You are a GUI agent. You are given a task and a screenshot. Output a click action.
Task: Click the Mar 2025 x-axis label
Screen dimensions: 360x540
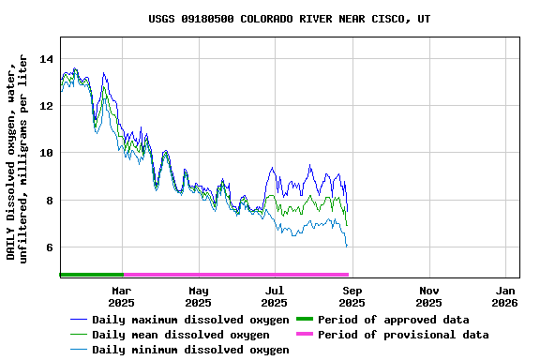click(x=121, y=297)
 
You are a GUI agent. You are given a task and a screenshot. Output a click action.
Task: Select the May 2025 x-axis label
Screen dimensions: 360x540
click(x=198, y=297)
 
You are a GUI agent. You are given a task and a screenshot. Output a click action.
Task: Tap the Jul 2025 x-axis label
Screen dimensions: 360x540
click(x=275, y=297)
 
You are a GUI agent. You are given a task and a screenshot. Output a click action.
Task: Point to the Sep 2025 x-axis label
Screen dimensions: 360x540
click(x=352, y=297)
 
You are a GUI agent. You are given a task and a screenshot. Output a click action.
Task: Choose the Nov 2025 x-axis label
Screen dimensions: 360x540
click(x=428, y=297)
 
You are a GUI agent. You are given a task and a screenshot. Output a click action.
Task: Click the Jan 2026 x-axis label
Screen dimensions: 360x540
click(x=505, y=297)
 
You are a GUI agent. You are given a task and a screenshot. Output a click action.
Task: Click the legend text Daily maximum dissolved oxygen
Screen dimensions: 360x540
click(x=190, y=320)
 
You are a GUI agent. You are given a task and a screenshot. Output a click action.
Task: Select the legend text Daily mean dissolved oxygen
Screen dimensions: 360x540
click(x=180, y=335)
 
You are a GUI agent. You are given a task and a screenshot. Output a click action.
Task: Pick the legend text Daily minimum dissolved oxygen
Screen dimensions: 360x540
click(x=190, y=350)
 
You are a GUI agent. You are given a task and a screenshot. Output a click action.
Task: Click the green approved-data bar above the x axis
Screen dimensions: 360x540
click(x=91, y=275)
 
